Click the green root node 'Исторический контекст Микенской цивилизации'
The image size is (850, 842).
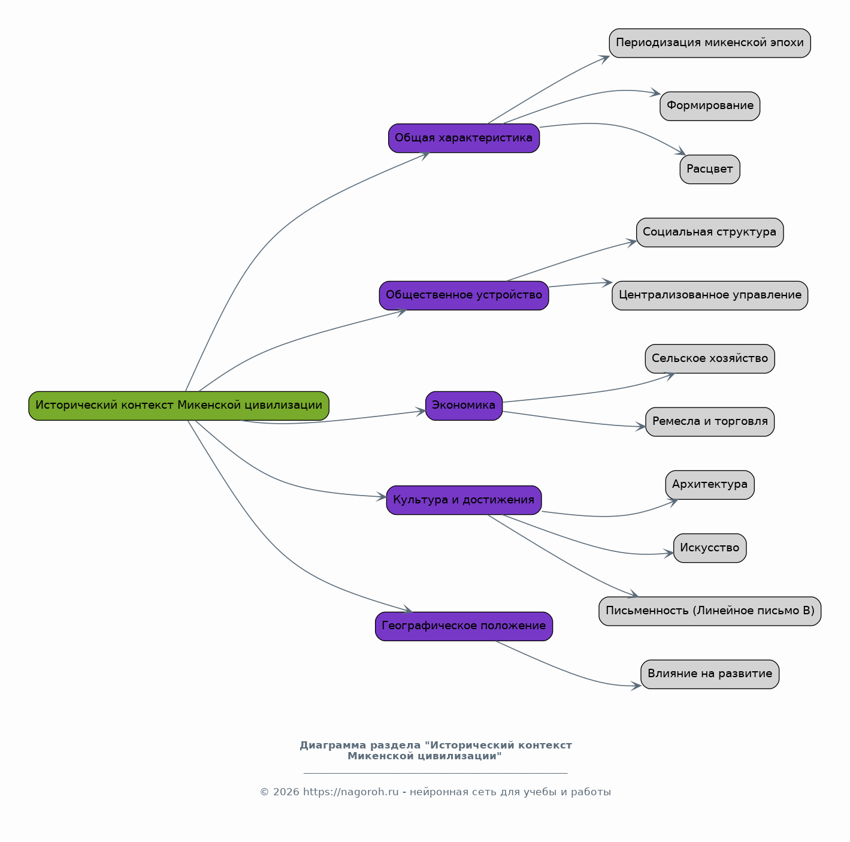click(x=179, y=406)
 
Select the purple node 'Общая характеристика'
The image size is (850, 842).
click(x=464, y=138)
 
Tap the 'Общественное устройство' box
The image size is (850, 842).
click(x=464, y=295)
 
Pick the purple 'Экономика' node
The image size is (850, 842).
click(x=464, y=406)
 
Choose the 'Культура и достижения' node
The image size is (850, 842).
click(x=464, y=500)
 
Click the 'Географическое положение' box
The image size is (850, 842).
click(x=464, y=626)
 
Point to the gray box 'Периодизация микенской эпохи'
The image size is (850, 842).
click(x=710, y=43)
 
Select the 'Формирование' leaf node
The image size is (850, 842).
click(x=710, y=106)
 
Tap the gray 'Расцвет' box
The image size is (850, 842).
click(x=710, y=170)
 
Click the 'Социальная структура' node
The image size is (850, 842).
click(x=710, y=233)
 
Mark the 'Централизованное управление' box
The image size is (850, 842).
click(x=710, y=295)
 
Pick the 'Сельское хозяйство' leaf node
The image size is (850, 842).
click(x=710, y=359)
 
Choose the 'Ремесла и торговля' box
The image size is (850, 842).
click(x=710, y=422)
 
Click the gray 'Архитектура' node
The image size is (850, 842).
click(x=710, y=485)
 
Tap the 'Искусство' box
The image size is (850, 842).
click(x=710, y=548)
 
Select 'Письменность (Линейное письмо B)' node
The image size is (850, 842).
click(x=710, y=611)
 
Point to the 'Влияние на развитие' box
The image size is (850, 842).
click(x=710, y=674)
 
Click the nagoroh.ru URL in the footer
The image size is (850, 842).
click(x=350, y=792)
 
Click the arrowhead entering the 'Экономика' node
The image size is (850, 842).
click(x=421, y=412)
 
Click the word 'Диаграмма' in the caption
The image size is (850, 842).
click(x=329, y=746)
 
